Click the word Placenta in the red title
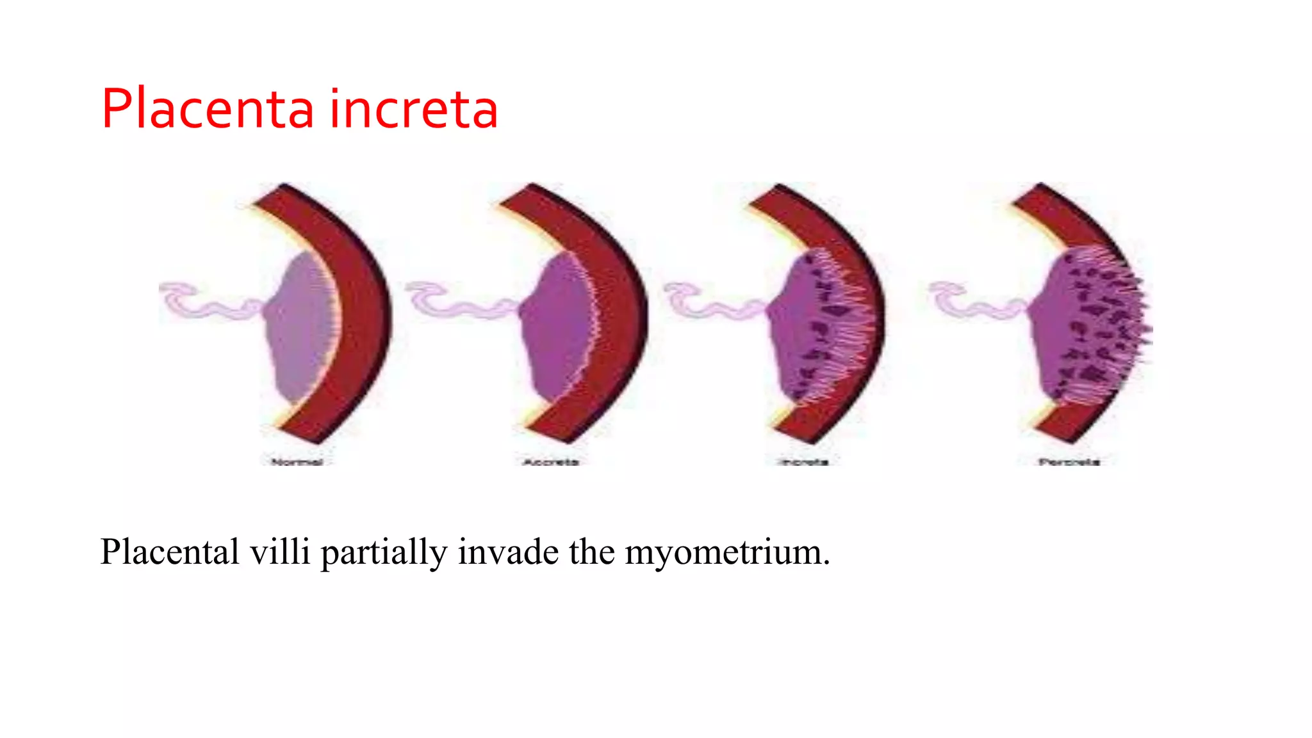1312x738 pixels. pos(207,110)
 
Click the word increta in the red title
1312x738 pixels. pos(414,110)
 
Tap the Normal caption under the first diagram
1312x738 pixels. pos(297,462)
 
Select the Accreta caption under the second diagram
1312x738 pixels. pos(551,462)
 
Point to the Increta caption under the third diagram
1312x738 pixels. pos(804,462)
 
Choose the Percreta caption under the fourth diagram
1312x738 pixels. pos(1069,462)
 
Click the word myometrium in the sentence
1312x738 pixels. pos(727,552)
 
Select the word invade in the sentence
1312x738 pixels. pos(508,552)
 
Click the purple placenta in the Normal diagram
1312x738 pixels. pos(298,327)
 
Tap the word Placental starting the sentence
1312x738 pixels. pos(170,552)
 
